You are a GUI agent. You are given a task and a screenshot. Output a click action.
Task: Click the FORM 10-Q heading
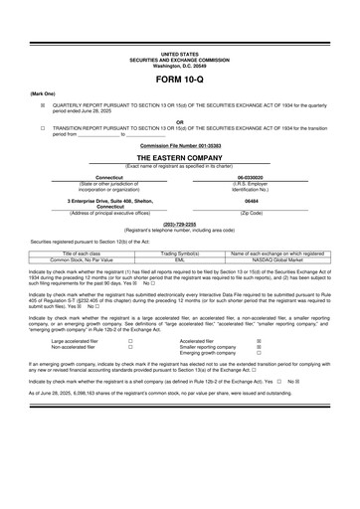click(180, 78)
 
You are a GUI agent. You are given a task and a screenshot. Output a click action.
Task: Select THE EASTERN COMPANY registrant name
click(180, 157)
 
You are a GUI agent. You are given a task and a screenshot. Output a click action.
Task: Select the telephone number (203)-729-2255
click(180, 224)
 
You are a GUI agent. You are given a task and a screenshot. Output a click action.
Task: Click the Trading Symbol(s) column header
click(180, 254)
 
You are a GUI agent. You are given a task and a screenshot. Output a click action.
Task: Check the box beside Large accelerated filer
click(130, 340)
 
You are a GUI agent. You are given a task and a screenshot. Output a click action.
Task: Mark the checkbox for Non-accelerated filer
click(130, 346)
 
